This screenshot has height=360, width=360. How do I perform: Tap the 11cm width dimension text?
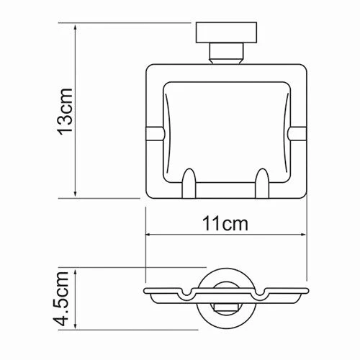point(225,223)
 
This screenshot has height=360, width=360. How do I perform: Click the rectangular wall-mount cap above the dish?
point(225,33)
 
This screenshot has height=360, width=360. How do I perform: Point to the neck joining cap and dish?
point(225,54)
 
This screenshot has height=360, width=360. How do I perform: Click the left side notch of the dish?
point(153,132)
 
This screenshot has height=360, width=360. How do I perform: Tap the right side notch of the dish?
point(297,132)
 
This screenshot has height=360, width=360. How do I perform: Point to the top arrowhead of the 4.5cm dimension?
point(76,273)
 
